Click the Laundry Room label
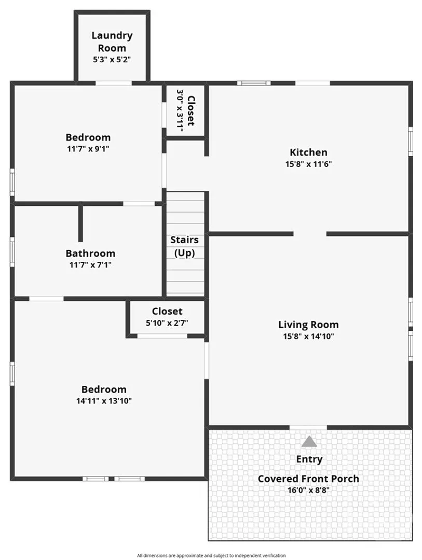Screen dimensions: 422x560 [x=112, y=41]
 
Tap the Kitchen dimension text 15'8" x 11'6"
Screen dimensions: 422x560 [x=308, y=164]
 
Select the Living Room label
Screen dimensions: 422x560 [x=308, y=325]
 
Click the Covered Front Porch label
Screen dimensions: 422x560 [x=308, y=479]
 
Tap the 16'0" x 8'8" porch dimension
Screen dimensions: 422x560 [x=308, y=490]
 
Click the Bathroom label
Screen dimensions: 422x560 [x=90, y=254]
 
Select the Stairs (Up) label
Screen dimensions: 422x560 [x=185, y=246]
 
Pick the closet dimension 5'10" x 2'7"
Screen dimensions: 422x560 [x=167, y=323]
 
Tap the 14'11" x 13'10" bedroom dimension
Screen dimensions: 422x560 [x=104, y=401]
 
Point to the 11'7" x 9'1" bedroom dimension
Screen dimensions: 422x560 [x=88, y=149]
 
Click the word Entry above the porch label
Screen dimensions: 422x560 [x=309, y=459]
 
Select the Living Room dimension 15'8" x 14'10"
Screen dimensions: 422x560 [x=308, y=336]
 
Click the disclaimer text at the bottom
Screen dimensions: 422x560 [x=211, y=555]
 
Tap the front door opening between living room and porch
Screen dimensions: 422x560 [x=308, y=427]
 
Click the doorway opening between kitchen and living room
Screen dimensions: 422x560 [x=310, y=234]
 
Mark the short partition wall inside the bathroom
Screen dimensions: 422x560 [x=80, y=223]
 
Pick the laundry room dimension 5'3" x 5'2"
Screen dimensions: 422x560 [x=112, y=59]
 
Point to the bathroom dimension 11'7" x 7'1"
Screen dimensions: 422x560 [x=90, y=264]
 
